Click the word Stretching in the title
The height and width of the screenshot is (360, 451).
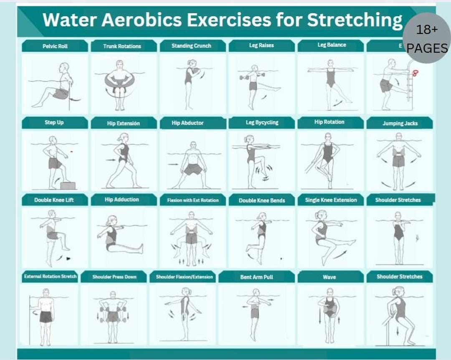355,20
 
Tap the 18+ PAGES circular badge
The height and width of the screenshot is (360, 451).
426,38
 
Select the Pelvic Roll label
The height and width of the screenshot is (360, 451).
55,46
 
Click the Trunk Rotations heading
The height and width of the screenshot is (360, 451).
122,46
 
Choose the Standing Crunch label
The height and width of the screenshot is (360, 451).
191,46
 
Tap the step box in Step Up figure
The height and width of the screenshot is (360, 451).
68,185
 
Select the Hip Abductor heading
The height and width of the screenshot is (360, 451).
187,123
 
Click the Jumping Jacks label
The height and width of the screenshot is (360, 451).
400,123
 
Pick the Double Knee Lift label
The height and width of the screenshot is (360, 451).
54,200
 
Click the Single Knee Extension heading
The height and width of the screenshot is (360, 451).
331,200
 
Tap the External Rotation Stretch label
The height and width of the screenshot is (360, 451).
50,276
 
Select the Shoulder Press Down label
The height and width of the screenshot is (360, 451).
114,277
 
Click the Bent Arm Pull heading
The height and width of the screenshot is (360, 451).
256,277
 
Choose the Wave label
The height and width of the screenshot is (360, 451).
329,277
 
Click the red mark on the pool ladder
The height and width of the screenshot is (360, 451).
415,74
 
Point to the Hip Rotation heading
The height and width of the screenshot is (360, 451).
329,122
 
